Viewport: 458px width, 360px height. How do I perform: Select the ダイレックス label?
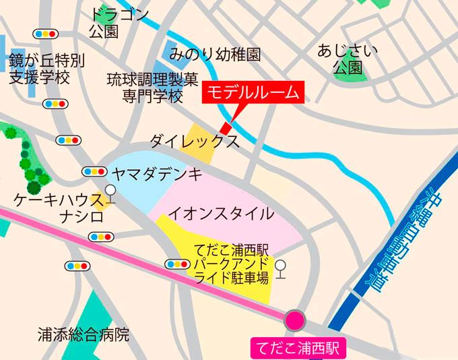coord(194,142)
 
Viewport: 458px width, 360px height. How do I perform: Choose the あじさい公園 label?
coord(348,59)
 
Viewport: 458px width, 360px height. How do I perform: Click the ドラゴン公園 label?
coord(119,23)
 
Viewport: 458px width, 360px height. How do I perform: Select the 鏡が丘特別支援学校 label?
coord(47,69)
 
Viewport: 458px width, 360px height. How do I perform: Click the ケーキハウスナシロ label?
coord(58,209)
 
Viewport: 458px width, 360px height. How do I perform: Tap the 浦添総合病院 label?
coord(83,334)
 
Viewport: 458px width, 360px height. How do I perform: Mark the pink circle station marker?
coord(294,320)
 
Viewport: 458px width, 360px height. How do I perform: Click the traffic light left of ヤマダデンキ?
coord(93,171)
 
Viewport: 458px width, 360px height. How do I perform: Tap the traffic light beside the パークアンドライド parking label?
coord(176,264)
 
